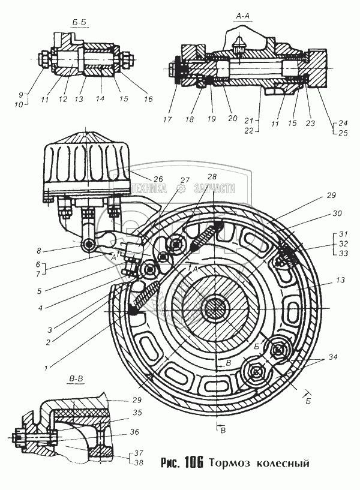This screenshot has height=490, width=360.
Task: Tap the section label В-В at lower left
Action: click(76, 379)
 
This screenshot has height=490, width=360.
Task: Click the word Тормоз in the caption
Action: click(233, 464)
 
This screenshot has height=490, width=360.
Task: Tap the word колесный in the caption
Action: click(283, 464)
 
